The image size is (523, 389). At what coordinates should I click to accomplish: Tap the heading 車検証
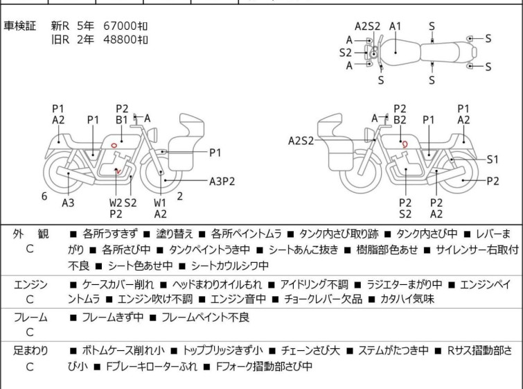[21, 26]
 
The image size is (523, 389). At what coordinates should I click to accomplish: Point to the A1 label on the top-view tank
[395, 26]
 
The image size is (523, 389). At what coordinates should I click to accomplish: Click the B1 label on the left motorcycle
[122, 119]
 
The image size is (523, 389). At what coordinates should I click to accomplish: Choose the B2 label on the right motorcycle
[400, 120]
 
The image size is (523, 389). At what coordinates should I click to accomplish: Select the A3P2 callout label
[222, 182]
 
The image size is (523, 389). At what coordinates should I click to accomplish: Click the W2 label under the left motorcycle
[115, 202]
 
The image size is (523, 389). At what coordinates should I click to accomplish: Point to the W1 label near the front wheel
[161, 202]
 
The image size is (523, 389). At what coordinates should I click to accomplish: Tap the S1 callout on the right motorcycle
[493, 159]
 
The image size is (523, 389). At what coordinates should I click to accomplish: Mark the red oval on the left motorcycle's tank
[112, 145]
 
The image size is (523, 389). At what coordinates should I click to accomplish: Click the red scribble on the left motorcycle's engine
[118, 171]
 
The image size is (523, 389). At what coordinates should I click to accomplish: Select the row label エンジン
[30, 284]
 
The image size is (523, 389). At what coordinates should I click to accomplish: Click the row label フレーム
[30, 318]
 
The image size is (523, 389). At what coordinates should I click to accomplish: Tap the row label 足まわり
[30, 351]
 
